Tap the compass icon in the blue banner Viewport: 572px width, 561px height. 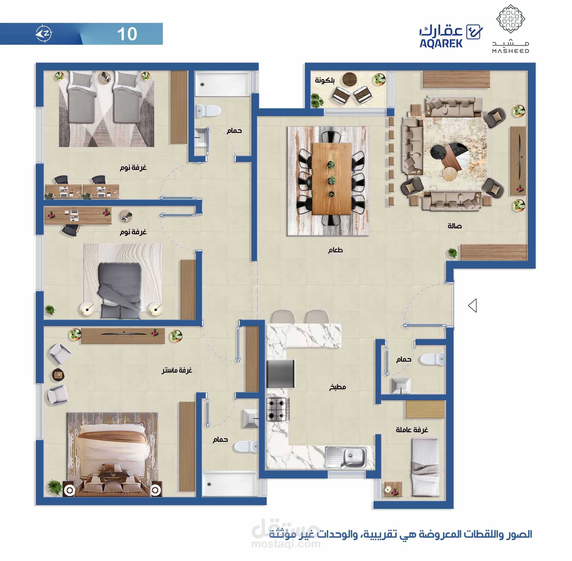point(44,34)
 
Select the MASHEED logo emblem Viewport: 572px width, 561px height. point(510,18)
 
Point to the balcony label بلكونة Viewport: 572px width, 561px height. point(325,80)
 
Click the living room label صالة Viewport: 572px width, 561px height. point(454,226)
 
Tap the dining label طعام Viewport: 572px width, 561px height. point(336,250)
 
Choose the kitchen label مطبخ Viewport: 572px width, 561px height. point(337,387)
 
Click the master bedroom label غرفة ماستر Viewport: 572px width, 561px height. point(177,370)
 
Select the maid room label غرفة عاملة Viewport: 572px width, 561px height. point(412,430)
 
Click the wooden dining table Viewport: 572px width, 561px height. point(332,179)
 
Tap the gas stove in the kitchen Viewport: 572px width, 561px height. point(278,409)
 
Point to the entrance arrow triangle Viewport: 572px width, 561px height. point(472,306)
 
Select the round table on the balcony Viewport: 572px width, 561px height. point(350,79)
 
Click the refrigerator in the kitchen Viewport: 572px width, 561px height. point(280,374)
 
